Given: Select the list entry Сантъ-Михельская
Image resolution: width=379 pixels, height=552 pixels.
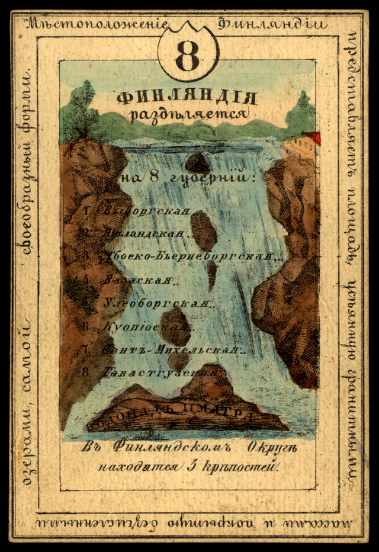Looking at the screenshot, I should (x=172, y=349).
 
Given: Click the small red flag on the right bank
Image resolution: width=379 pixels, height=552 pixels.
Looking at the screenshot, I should (x=314, y=138).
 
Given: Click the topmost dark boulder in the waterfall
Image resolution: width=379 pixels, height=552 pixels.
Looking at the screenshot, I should (x=197, y=162).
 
